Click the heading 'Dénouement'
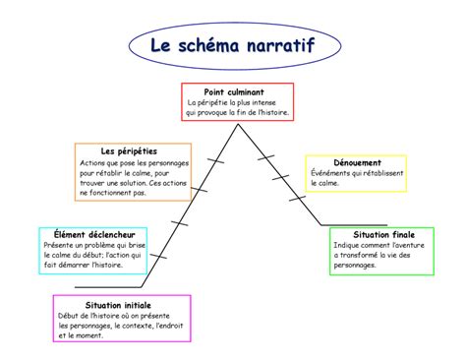click(357, 161)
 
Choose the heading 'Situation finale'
click(382, 235)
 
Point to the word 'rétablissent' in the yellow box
click(379, 172)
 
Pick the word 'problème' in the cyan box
click(103, 245)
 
